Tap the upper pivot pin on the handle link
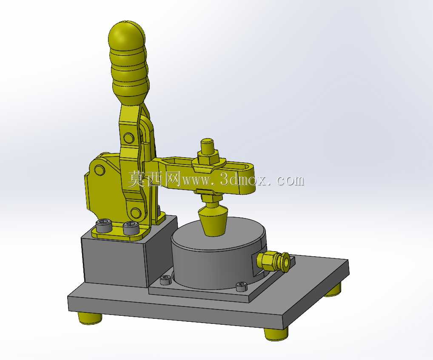128,138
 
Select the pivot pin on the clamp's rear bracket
100,170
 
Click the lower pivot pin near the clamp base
135,213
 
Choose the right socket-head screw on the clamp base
131,228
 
